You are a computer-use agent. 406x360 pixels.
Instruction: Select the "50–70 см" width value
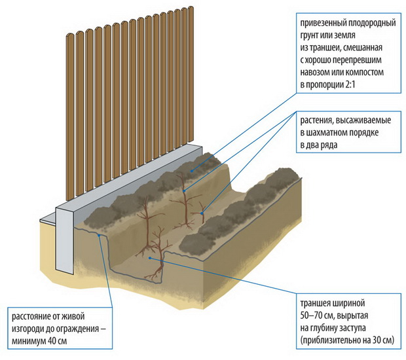(x=316, y=316)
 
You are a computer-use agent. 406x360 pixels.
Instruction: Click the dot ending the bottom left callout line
(x=98, y=234)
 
